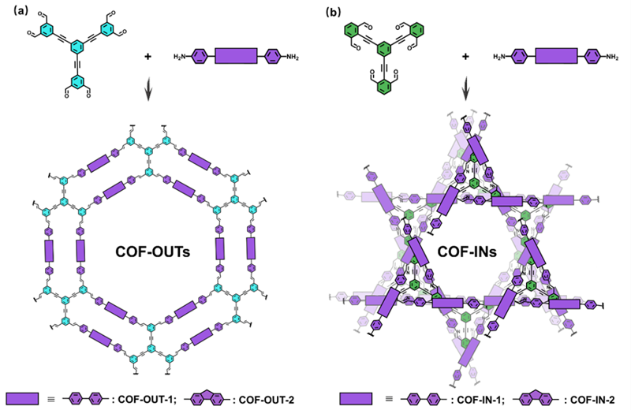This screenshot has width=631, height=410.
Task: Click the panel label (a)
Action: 15,10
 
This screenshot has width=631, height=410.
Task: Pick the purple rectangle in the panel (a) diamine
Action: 239,57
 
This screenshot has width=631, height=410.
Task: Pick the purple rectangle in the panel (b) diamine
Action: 554,57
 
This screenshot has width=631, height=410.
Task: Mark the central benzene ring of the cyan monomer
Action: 76,51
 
